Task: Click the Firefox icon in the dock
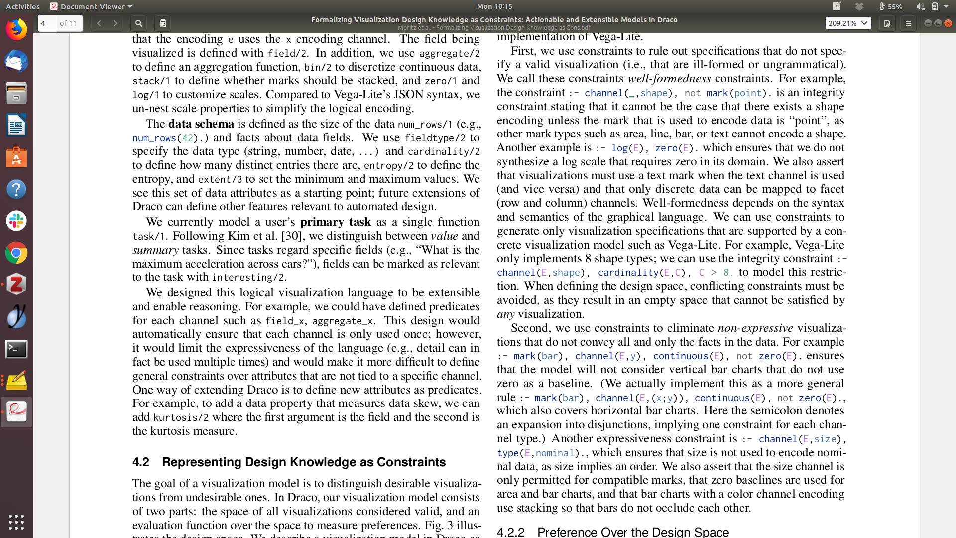(16, 30)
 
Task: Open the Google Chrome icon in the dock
(16, 253)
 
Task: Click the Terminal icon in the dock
(16, 349)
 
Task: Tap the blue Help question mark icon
(16, 189)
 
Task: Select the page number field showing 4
(47, 23)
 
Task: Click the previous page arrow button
(99, 23)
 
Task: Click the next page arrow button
(115, 23)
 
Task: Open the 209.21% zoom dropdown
(848, 23)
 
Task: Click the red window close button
(948, 23)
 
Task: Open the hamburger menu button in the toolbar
(908, 23)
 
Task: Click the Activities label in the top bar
(23, 6)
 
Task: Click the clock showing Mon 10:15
(494, 6)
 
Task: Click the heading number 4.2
(141, 462)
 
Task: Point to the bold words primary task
(336, 222)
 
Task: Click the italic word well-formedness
(669, 79)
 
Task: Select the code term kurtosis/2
(181, 417)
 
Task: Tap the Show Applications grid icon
(16, 522)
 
